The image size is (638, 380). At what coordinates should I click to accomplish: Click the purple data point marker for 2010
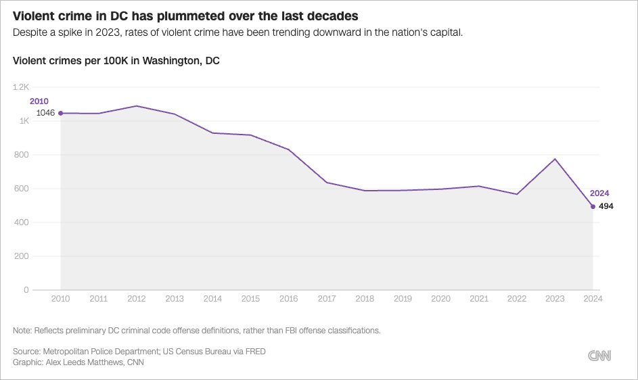(x=61, y=113)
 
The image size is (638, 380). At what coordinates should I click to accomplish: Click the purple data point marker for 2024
(x=593, y=206)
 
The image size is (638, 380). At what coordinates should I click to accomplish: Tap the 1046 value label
(x=45, y=113)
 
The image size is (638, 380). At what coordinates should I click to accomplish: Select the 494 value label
(x=606, y=206)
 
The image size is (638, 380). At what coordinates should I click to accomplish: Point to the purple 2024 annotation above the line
(x=599, y=193)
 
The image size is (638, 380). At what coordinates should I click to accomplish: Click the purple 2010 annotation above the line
(x=39, y=101)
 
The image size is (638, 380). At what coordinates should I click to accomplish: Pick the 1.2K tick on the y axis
(x=21, y=87)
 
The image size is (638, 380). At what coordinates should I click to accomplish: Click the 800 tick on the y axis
(x=22, y=155)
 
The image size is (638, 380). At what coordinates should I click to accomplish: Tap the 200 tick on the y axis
(x=22, y=256)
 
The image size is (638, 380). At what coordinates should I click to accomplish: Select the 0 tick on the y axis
(x=26, y=290)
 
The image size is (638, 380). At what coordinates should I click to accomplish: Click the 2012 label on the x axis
(x=137, y=298)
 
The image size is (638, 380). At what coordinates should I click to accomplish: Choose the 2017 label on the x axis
(x=327, y=298)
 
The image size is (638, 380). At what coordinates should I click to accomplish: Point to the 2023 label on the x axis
(x=555, y=298)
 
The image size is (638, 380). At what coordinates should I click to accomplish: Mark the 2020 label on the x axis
(x=441, y=298)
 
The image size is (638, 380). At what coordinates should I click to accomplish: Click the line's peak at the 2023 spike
(x=555, y=159)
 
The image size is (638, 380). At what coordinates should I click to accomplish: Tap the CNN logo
(x=600, y=356)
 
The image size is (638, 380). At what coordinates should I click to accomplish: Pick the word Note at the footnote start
(x=22, y=331)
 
